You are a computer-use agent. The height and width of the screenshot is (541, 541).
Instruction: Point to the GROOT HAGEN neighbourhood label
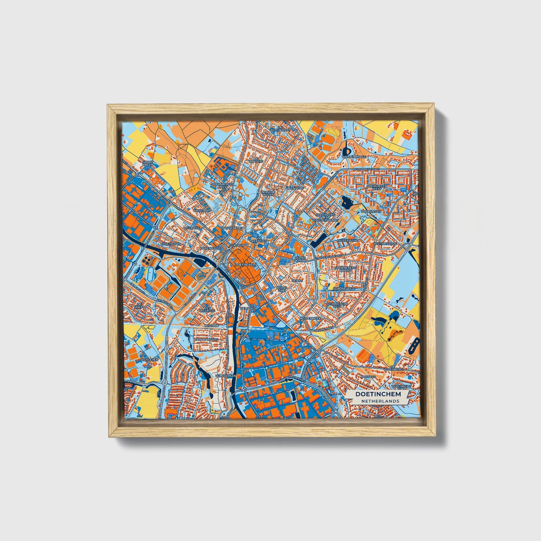148,164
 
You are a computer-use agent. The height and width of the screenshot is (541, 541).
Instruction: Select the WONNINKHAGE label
354,156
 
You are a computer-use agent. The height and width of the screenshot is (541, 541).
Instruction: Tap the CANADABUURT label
204,339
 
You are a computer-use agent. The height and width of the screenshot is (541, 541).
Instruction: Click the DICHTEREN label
150,359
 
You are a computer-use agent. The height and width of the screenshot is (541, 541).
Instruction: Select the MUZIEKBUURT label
348,240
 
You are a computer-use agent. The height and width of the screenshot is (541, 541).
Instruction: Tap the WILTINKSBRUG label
387,243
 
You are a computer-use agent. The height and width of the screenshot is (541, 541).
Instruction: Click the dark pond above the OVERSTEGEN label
347,203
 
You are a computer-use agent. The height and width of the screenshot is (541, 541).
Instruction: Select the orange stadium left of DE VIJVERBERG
363,353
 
